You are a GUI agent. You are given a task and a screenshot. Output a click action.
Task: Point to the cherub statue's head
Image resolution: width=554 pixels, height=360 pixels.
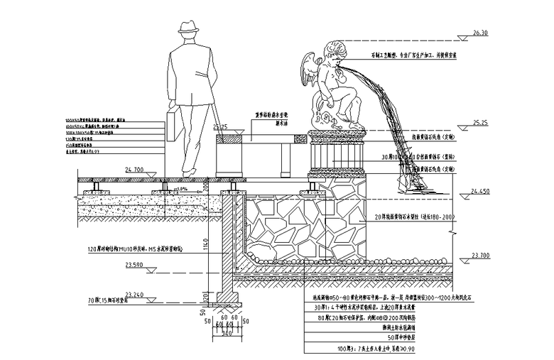[332, 56]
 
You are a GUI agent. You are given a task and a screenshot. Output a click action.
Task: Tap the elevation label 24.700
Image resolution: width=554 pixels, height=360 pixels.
[134, 170]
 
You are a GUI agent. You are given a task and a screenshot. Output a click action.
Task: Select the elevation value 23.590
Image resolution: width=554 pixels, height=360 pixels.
[134, 265]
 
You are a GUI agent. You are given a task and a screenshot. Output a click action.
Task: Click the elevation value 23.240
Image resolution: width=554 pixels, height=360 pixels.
[134, 293]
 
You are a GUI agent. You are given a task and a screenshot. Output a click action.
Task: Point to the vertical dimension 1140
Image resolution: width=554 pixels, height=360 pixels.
[204, 246]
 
